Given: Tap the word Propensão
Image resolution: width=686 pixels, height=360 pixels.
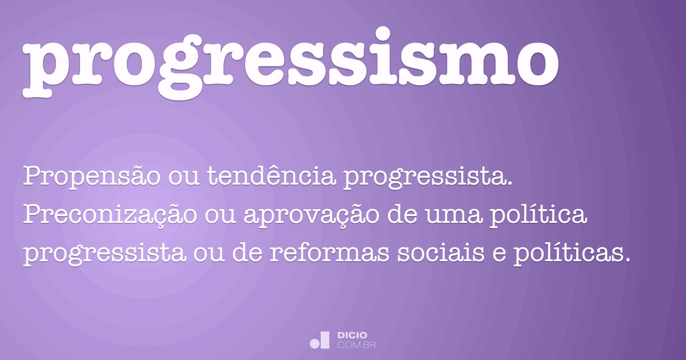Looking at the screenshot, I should point(91,178).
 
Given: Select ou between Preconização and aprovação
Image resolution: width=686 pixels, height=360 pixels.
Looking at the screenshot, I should point(225,215).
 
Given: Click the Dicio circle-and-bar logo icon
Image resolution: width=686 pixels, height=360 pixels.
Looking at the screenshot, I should point(320,339).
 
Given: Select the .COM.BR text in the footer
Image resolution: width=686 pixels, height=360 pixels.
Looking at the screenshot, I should point(356,345).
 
